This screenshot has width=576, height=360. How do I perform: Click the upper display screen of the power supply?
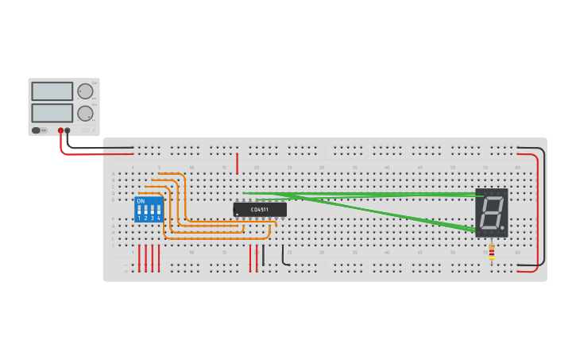52,91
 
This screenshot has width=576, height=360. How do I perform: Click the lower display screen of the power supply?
52,113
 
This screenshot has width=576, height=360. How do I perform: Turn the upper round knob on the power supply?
85,91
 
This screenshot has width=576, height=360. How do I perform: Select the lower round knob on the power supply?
85,113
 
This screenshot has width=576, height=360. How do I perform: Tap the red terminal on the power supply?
60,130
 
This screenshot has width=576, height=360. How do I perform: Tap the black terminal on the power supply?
68,130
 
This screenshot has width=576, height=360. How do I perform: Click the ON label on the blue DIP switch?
141,201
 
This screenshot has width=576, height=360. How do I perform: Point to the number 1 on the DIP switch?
139,218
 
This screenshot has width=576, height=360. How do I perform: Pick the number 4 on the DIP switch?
159,218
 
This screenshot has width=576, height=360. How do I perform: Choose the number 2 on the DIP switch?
145,218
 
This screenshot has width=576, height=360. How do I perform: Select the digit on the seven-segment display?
491,212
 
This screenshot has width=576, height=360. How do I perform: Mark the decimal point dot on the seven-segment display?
502,228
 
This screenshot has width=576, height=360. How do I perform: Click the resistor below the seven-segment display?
491,253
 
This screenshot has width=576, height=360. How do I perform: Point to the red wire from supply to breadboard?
87,153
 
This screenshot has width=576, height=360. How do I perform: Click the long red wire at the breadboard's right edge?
537,211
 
